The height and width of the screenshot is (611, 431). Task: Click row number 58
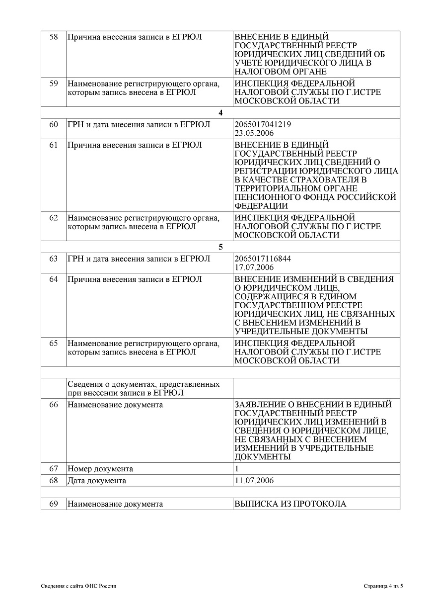pyautogui.click(x=54, y=37)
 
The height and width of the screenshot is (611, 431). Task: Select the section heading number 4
pyautogui.click(x=220, y=112)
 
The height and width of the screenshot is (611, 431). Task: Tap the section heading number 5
pyautogui.click(x=220, y=247)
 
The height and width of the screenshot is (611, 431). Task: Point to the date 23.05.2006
pyautogui.click(x=254, y=133)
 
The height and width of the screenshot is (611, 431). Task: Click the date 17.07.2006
pyautogui.click(x=254, y=268)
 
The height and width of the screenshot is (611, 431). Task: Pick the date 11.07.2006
pyautogui.click(x=254, y=481)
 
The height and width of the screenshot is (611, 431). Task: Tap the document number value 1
pyautogui.click(x=237, y=469)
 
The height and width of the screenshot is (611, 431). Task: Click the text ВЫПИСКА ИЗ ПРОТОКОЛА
pyautogui.click(x=290, y=504)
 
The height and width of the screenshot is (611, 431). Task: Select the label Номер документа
pyautogui.click(x=100, y=469)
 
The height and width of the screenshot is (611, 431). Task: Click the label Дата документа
pyautogui.click(x=97, y=481)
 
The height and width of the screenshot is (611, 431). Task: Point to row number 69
pyautogui.click(x=54, y=504)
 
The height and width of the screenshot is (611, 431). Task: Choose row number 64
pyautogui.click(x=54, y=279)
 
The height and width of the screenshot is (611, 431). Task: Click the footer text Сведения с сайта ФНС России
pyautogui.click(x=78, y=586)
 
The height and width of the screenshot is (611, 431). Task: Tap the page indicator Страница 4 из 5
pyautogui.click(x=383, y=586)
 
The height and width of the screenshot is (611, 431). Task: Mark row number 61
pyautogui.click(x=54, y=145)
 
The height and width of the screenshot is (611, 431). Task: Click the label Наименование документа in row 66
pyautogui.click(x=115, y=405)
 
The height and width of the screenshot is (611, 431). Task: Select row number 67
pyautogui.click(x=54, y=469)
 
